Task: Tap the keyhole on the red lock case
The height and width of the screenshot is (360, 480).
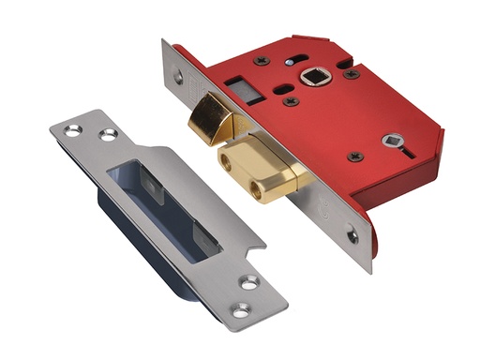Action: point(391,143)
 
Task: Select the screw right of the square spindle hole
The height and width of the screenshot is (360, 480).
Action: point(351,73)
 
